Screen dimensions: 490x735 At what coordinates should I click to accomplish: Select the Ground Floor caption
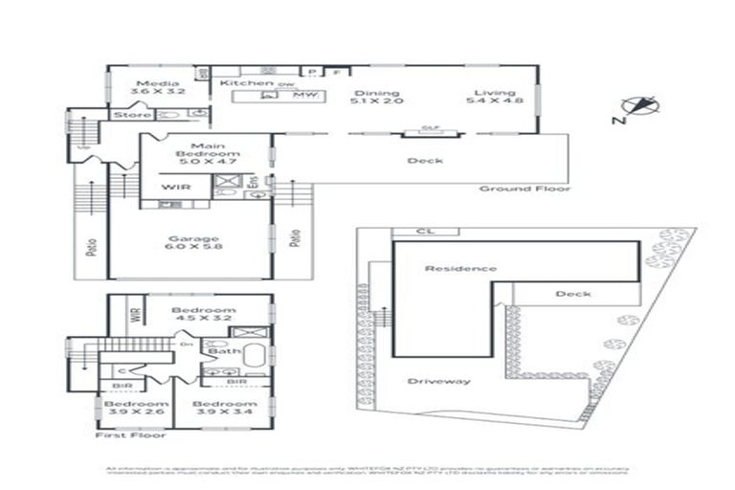[x=524, y=189]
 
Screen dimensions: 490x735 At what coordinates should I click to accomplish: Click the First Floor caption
[x=130, y=434]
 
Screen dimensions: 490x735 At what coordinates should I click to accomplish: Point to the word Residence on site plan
[x=461, y=269]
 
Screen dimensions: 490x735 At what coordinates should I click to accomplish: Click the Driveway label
[x=439, y=381]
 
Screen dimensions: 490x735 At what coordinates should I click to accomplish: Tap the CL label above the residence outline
[x=425, y=232]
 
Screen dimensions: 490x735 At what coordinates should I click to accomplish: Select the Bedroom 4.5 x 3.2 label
[x=203, y=315]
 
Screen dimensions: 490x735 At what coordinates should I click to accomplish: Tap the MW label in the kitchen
[x=304, y=95]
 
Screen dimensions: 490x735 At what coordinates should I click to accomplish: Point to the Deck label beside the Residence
[x=572, y=294]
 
